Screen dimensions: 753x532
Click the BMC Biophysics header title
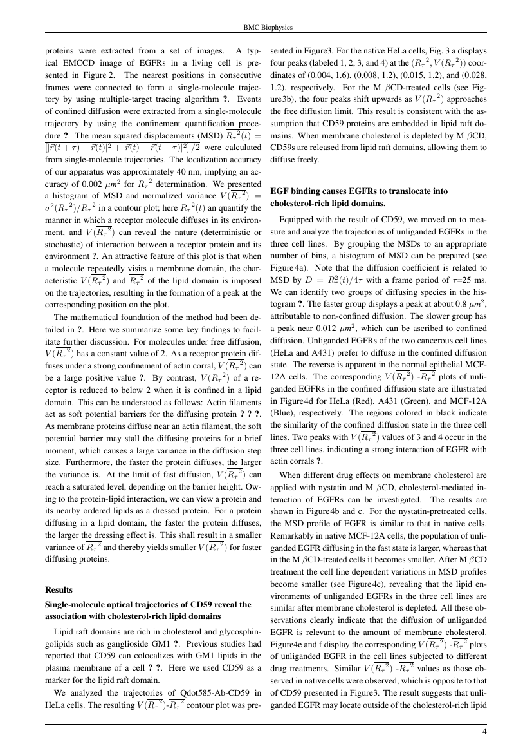(x=266, y=28)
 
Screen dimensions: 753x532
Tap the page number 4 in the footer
(x=484, y=731)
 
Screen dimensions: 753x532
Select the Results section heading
(x=59, y=589)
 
